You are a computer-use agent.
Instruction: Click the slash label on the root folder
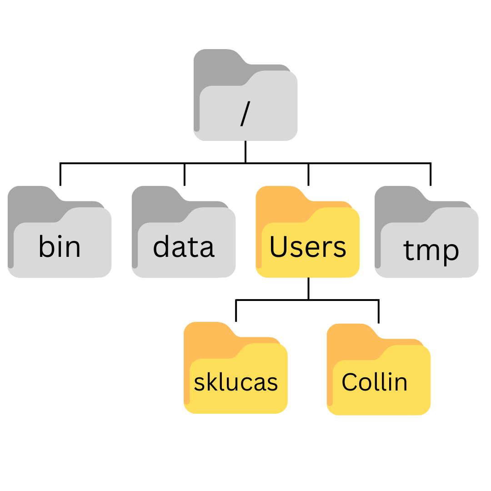[x=245, y=114]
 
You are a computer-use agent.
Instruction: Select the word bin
[x=60, y=247]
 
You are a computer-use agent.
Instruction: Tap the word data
[x=184, y=247]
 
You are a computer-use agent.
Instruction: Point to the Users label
[x=308, y=247]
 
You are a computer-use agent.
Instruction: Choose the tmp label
[x=431, y=251]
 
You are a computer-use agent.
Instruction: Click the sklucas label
[x=236, y=382]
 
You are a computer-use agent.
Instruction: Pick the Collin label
[x=375, y=382]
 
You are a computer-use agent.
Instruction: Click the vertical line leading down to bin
[x=60, y=175]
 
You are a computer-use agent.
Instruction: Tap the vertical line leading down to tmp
[x=431, y=175]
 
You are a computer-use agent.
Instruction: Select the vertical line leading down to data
[x=185, y=175]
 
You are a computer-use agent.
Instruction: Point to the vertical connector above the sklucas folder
[x=236, y=311]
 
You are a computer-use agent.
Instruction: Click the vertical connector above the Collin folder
[x=379, y=311]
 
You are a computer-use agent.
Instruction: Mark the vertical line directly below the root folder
[x=245, y=152]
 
